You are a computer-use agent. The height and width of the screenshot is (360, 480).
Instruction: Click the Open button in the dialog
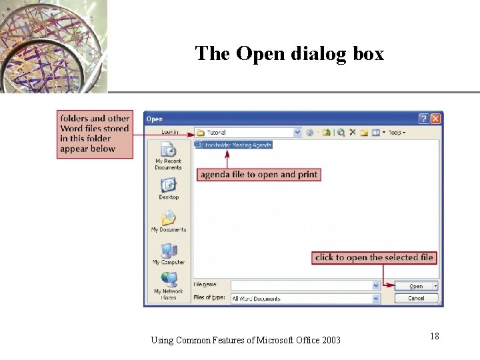[416, 286]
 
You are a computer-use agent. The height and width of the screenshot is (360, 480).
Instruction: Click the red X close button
[435, 119]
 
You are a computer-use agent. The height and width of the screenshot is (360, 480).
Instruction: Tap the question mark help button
[423, 119]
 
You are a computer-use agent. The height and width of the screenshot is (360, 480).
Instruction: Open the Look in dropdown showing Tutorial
[249, 133]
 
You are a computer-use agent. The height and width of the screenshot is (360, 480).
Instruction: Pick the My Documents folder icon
[168, 220]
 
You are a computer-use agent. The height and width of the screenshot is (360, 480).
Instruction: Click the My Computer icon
[168, 253]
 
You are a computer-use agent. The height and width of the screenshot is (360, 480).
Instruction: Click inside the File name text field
[301, 285]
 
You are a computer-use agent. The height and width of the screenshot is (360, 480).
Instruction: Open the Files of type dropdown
[305, 299]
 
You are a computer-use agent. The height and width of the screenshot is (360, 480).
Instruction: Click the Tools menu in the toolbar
[397, 133]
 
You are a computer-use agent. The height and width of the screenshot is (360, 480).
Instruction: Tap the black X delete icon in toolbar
[353, 133]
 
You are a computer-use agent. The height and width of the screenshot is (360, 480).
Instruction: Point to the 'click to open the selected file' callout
[374, 257]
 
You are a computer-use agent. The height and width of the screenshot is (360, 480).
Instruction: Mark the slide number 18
[434, 337]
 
